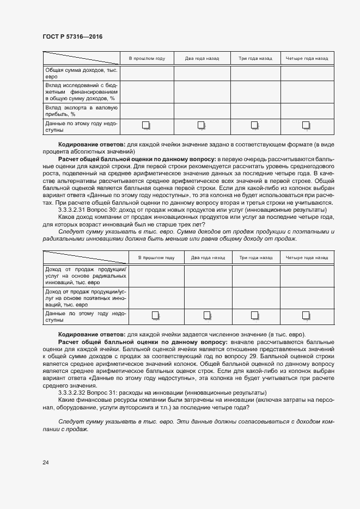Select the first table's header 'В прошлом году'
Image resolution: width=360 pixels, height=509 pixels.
click(x=147, y=58)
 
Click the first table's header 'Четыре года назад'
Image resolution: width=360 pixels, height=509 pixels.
click(x=307, y=58)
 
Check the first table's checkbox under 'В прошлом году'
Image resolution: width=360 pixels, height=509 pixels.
click(x=146, y=126)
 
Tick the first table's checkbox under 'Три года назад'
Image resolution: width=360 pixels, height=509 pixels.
click(x=254, y=126)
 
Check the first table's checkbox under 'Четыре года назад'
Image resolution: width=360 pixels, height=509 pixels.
click(x=306, y=126)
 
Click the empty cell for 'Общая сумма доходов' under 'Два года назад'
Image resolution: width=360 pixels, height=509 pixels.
click(x=202, y=73)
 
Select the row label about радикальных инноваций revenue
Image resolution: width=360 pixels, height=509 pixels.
click(x=86, y=276)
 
